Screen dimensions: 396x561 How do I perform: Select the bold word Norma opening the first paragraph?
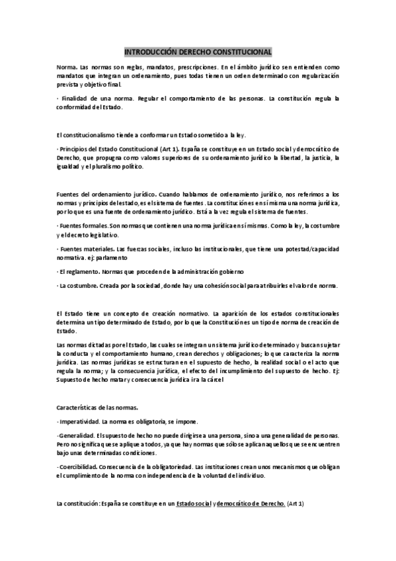[x=66, y=67]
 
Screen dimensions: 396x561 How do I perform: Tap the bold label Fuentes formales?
[x=84, y=226]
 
